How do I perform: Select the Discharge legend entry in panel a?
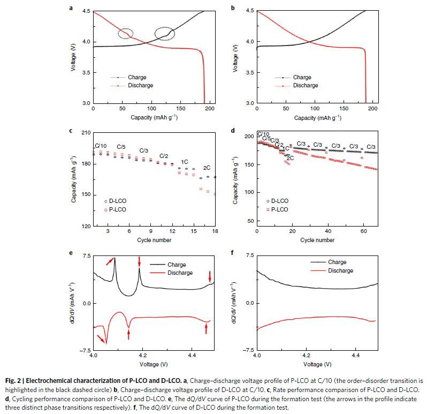[140, 85]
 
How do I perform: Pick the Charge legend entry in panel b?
[302, 78]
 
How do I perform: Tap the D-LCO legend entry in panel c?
[117, 201]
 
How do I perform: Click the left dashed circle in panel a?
[126, 33]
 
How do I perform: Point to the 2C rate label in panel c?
[207, 168]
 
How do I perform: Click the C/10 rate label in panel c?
[101, 146]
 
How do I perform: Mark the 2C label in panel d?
[290, 158]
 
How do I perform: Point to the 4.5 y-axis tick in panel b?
[249, 11]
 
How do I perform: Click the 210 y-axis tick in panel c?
[87, 132]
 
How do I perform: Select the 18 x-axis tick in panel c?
[215, 231]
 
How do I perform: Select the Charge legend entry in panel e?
[177, 265]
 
